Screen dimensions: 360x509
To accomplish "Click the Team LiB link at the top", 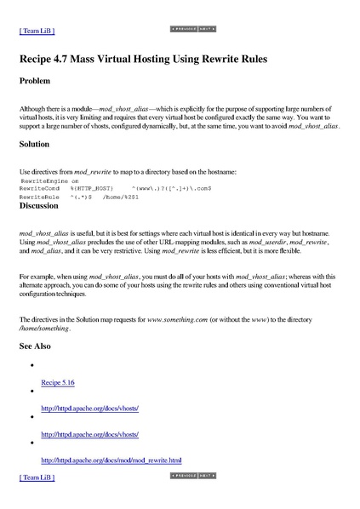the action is click(37, 31).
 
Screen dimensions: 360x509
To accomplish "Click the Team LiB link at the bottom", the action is click(37, 478).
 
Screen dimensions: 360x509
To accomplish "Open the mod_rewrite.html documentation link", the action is click(111, 460).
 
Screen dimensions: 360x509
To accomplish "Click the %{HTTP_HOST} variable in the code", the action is click(91, 188).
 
